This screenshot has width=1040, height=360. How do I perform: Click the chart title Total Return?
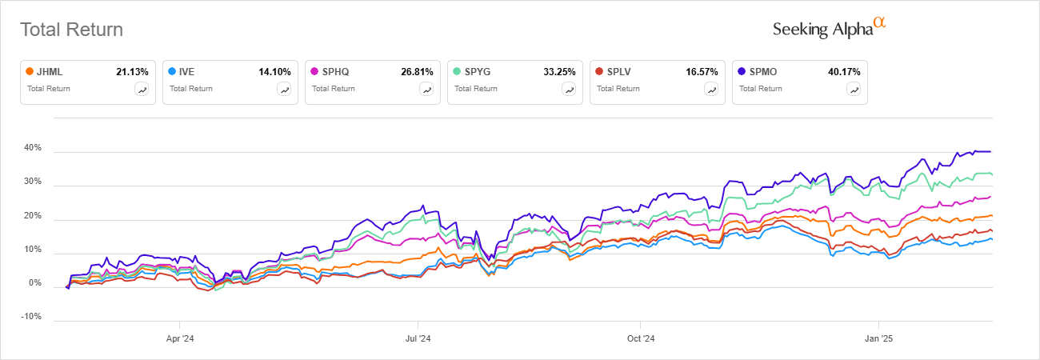(x=71, y=30)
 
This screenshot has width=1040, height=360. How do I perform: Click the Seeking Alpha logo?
(x=829, y=29)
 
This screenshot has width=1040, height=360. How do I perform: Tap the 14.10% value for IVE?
(x=274, y=71)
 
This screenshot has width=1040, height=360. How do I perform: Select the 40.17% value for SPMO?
(x=844, y=71)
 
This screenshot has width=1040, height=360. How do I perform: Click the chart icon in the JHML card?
(x=142, y=90)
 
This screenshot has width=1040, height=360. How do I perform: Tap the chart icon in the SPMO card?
(x=854, y=90)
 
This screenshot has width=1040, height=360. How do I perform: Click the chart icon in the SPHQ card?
(x=427, y=90)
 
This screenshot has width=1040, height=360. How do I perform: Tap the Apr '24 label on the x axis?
(x=179, y=338)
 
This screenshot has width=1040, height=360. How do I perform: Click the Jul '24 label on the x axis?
(x=418, y=338)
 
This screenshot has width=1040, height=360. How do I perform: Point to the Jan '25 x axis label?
(x=879, y=338)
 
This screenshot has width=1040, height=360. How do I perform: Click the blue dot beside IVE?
(x=172, y=71)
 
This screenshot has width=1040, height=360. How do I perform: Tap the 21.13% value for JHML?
(x=132, y=71)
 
